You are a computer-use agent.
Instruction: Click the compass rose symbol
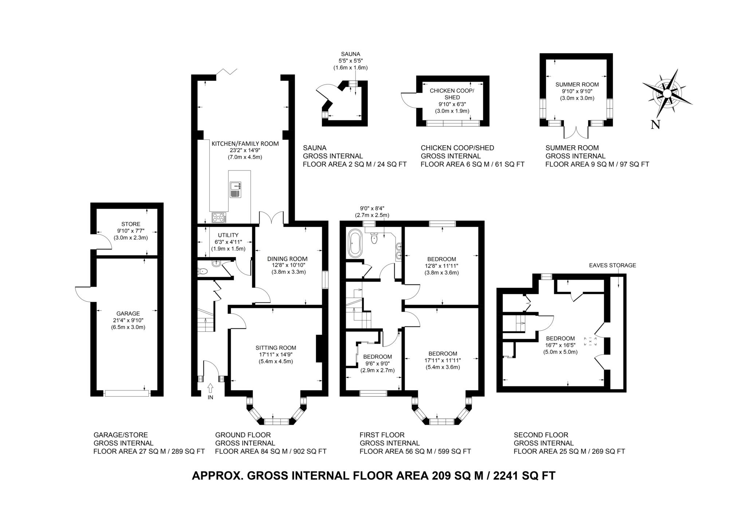(x=667, y=94)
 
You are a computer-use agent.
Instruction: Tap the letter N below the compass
(x=655, y=125)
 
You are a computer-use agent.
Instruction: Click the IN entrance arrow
(x=210, y=388)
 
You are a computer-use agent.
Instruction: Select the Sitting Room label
(x=276, y=347)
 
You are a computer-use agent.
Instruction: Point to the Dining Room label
(x=287, y=259)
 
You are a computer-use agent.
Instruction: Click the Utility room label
(x=228, y=235)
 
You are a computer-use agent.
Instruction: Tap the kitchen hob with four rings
(x=219, y=217)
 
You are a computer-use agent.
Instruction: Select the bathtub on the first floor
(x=354, y=242)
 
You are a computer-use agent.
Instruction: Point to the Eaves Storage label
(x=612, y=266)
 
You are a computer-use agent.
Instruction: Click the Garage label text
(x=128, y=313)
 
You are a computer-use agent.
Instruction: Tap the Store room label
(x=130, y=224)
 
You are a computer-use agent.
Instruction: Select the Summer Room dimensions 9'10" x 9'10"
(x=577, y=91)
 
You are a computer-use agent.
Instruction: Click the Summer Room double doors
(x=576, y=133)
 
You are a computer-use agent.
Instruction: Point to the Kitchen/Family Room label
(x=245, y=144)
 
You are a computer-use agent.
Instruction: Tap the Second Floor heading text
(x=541, y=435)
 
